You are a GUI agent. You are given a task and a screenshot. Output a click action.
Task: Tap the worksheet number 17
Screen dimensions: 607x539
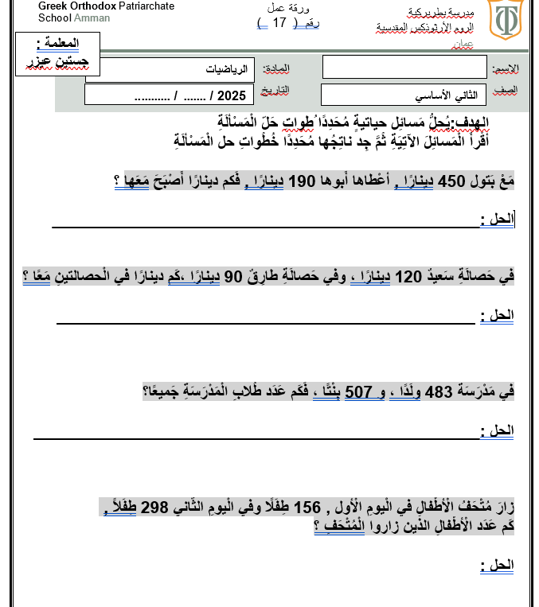point(279,22)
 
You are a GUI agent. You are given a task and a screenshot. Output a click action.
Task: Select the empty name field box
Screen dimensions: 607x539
point(404,67)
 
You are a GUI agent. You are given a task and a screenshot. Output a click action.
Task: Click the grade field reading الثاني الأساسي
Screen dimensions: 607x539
point(404,95)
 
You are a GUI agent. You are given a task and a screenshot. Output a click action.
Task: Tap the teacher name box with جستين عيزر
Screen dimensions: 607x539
point(57,53)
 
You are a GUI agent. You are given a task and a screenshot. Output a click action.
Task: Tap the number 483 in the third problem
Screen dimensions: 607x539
point(439,391)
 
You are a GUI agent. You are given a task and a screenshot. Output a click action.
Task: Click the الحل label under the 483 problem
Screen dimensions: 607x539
point(497,430)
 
